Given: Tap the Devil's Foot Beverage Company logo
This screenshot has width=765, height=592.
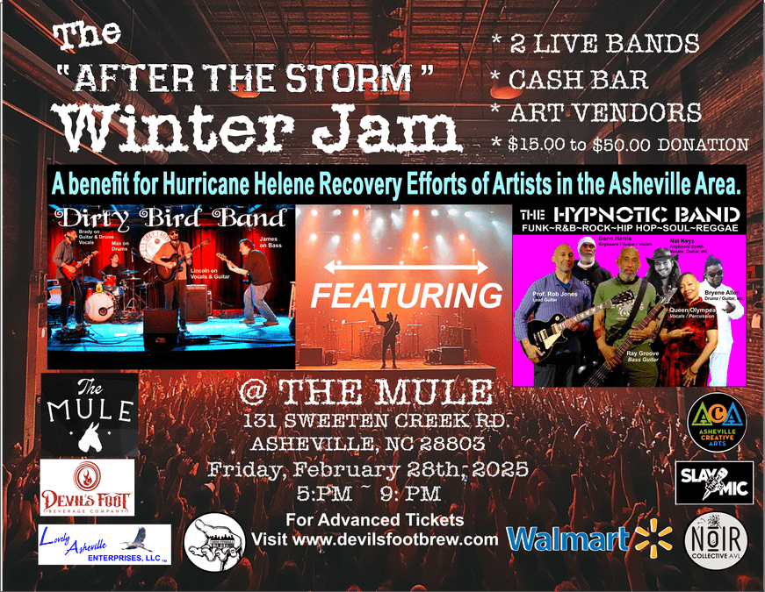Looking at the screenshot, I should click(87, 488).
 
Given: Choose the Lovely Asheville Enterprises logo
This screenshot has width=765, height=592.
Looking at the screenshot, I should click(105, 545).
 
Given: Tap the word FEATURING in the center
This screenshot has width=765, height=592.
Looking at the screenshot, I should click(406, 295).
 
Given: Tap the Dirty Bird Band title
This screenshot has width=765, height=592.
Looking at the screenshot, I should click(171, 218).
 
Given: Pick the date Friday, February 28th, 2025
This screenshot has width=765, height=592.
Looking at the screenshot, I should click(367, 468).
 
